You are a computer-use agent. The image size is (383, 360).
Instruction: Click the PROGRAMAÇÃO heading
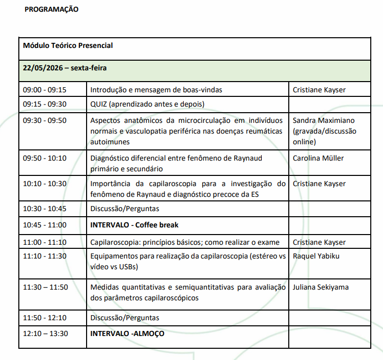[51, 9]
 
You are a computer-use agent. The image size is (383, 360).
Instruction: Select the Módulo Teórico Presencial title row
[68, 45]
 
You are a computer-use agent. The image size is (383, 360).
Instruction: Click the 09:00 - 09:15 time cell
[45, 90]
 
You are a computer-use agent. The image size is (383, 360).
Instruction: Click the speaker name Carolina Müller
[318, 158]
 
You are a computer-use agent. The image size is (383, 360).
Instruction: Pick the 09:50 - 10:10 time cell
[45, 158]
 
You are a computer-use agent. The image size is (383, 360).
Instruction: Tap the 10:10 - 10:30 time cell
[45, 184]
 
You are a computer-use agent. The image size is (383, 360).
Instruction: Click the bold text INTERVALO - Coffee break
[134, 225]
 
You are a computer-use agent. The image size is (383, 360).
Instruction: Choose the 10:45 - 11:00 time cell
[45, 225]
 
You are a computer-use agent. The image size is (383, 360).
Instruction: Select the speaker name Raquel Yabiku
[316, 256]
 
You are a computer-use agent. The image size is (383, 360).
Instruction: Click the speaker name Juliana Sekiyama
[321, 287]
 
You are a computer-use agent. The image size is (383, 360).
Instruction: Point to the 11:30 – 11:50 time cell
[45, 287]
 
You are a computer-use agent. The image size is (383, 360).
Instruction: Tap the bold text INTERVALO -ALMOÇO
[128, 334]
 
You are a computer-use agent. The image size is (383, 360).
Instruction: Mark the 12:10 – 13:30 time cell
[45, 334]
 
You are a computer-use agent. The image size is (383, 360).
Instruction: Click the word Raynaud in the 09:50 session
[248, 158]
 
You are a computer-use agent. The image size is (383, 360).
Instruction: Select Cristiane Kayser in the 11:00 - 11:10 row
[319, 242]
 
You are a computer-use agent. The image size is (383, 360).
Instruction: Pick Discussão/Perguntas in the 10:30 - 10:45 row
[125, 209]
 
